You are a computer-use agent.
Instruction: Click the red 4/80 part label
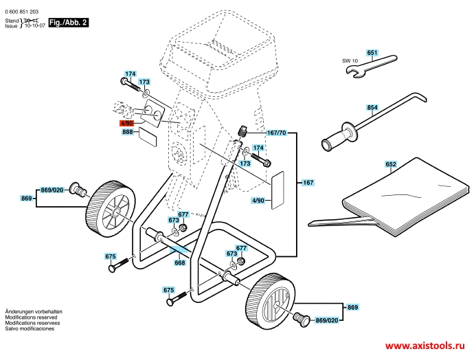[126, 123]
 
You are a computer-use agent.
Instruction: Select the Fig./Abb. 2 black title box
[69, 23]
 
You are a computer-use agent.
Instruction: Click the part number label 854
[372, 107]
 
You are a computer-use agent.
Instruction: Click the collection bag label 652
[391, 164]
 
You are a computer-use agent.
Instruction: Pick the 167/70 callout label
[276, 133]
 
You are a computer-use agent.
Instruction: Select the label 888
[128, 132]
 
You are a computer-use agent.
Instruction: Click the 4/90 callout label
[258, 201]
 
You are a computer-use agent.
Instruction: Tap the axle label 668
[180, 262]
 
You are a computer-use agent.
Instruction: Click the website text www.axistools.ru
[425, 346]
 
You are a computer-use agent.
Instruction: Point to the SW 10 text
[350, 60]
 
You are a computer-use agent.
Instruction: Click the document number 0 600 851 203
[22, 12]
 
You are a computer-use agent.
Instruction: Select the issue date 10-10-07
[34, 26]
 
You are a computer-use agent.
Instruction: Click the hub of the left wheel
[115, 212]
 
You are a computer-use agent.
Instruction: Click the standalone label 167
[308, 183]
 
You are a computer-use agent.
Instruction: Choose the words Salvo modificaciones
[30, 328]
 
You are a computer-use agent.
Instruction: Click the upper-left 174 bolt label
[131, 74]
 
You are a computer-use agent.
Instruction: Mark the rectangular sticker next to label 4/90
[277, 190]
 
